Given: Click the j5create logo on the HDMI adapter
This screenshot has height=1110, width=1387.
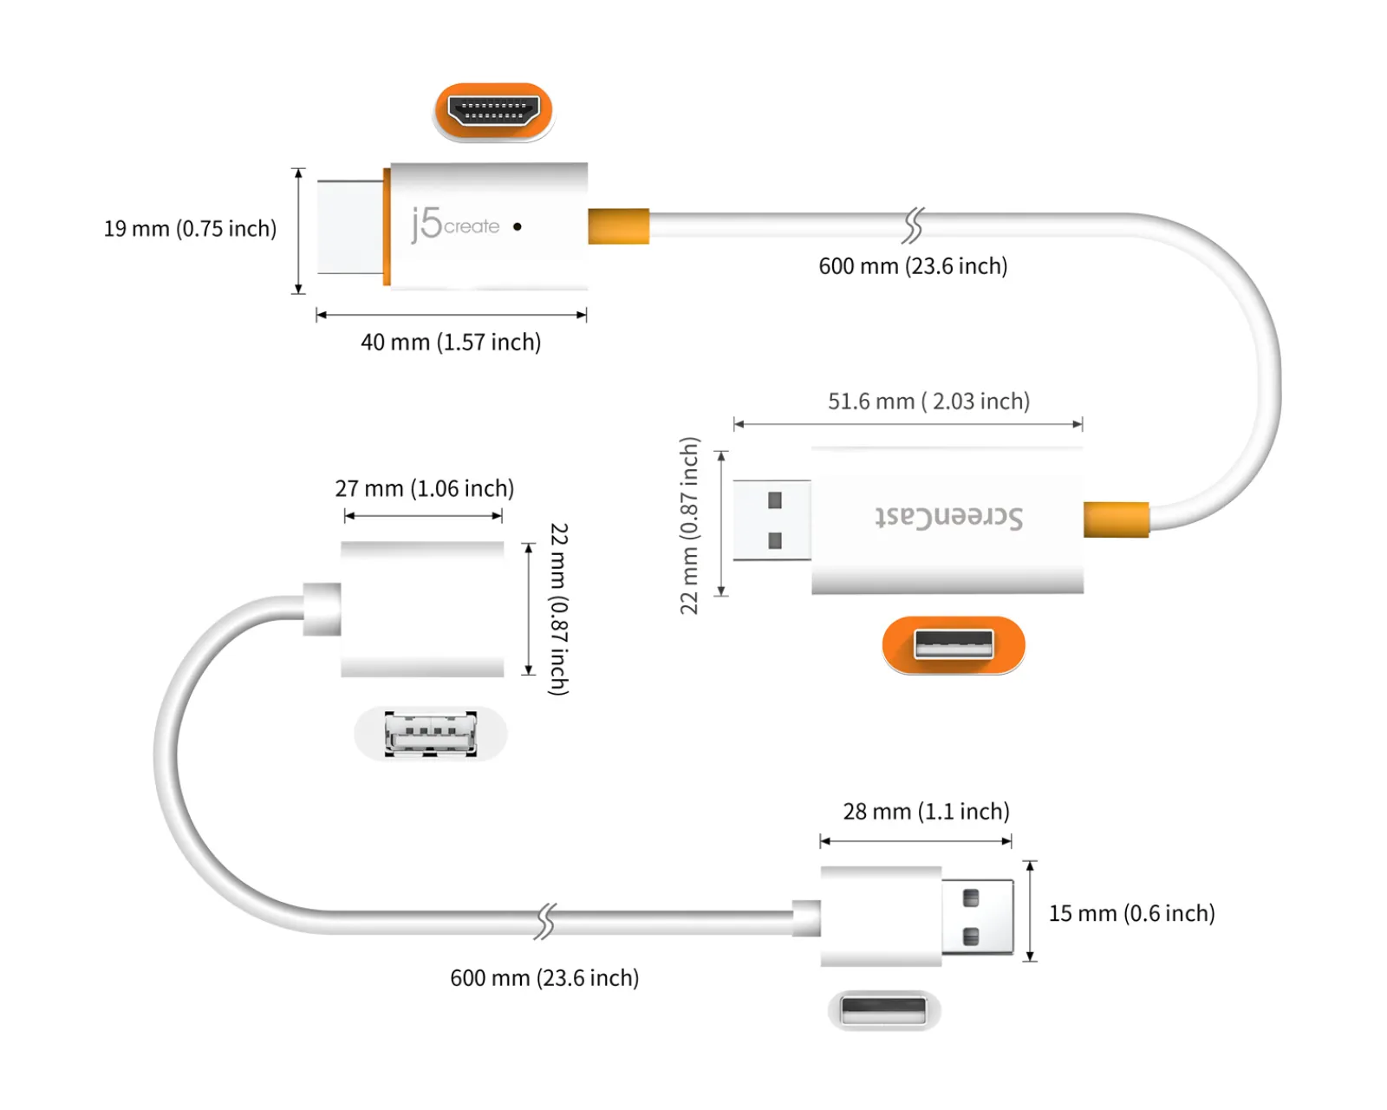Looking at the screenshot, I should tap(455, 225).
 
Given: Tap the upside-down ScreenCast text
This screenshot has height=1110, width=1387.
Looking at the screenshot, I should tap(948, 517).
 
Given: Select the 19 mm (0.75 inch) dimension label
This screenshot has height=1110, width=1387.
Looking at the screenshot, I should tap(190, 229).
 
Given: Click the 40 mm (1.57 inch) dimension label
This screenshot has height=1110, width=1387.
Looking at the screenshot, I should tap(451, 343).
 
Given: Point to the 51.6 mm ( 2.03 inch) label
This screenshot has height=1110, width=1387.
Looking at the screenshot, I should tap(928, 402).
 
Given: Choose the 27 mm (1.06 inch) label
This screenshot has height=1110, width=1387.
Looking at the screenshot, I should tap(425, 488).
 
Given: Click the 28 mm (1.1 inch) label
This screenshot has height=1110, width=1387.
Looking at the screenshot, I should tap(926, 812).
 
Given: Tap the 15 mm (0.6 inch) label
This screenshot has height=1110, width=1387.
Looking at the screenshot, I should tap(1131, 913).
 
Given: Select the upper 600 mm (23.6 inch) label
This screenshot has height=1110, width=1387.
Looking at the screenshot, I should tap(913, 266).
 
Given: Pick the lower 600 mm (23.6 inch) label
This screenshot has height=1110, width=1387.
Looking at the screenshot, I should tap(544, 978).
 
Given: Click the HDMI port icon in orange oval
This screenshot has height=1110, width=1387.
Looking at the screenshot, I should tap(493, 111).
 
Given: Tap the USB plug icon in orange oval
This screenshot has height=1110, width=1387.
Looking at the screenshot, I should tap(954, 644).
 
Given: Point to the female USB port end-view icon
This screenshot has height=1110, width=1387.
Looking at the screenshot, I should tap(431, 734).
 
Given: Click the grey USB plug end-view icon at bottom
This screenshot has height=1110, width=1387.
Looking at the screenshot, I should tap(883, 1010).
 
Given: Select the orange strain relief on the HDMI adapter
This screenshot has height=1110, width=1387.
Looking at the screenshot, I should tap(618, 226).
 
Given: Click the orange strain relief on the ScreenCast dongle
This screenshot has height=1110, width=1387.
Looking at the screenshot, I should tap(1116, 519).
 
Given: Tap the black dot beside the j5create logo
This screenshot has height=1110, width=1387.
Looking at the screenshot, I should tap(518, 226).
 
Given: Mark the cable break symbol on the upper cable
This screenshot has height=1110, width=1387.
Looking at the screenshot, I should tap(913, 225).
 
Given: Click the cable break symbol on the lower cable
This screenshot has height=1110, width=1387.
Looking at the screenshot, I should tap(544, 921).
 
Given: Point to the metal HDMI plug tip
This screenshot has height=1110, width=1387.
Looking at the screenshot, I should tap(349, 227).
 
